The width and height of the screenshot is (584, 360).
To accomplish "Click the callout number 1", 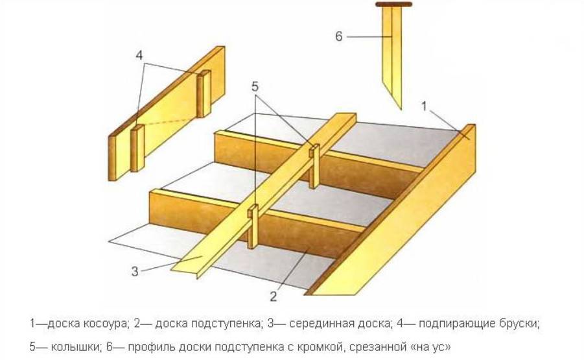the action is tap(424, 106).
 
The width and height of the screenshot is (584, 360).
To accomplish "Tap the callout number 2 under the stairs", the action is tap(274, 296).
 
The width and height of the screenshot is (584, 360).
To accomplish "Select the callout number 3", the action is tap(134, 271).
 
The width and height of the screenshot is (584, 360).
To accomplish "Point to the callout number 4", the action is tap(139, 56).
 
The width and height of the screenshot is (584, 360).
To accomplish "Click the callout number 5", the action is tap(255, 87).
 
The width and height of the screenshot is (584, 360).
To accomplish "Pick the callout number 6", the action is tap(338, 36).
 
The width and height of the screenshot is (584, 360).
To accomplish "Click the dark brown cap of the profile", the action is tap(393, 5).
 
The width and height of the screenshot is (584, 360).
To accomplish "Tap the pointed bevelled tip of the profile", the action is tap(401, 109).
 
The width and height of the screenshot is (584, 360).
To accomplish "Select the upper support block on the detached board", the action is tap(204, 93).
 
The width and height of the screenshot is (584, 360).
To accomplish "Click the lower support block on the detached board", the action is tap(137, 149).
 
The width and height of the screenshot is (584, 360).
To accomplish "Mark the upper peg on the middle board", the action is tap(314, 166).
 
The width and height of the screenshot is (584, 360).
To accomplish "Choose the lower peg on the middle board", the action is tap(253, 226).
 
